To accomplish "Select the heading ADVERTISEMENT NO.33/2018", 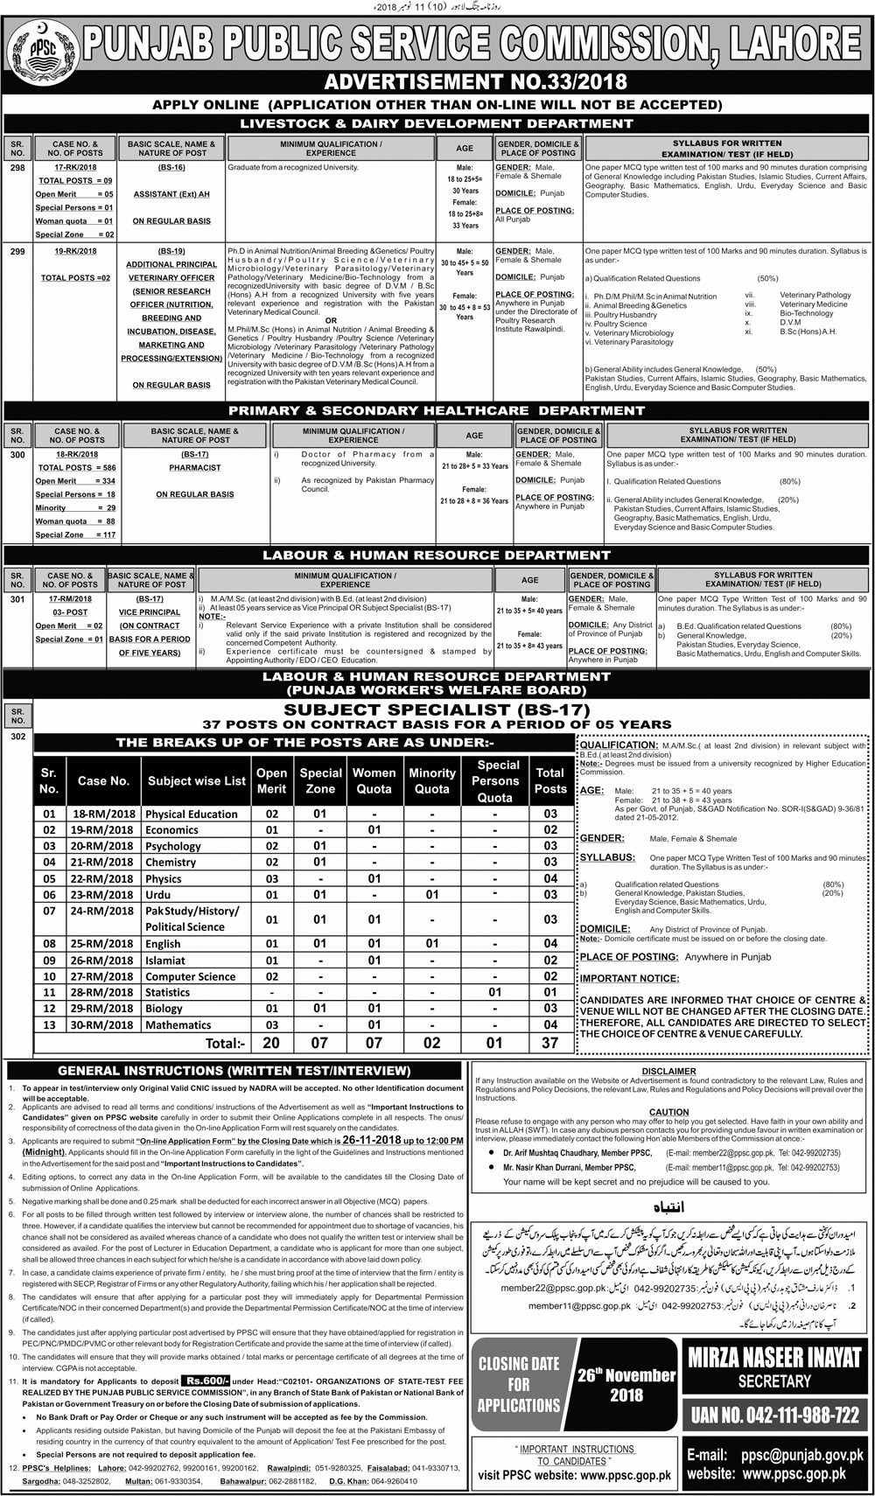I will point(475,82).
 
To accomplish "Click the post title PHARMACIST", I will point(195,467).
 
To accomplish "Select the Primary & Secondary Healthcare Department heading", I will point(437,410).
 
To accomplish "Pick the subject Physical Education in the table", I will point(192,814).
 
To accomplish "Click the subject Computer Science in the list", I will point(190,976).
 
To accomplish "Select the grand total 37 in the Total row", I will point(549,1043).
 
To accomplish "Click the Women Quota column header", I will point(374,780).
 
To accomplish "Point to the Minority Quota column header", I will point(432,780).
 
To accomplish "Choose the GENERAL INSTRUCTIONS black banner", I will point(234,1070).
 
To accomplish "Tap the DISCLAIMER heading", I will point(668,1071).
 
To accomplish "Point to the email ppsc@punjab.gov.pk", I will point(801,1453).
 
